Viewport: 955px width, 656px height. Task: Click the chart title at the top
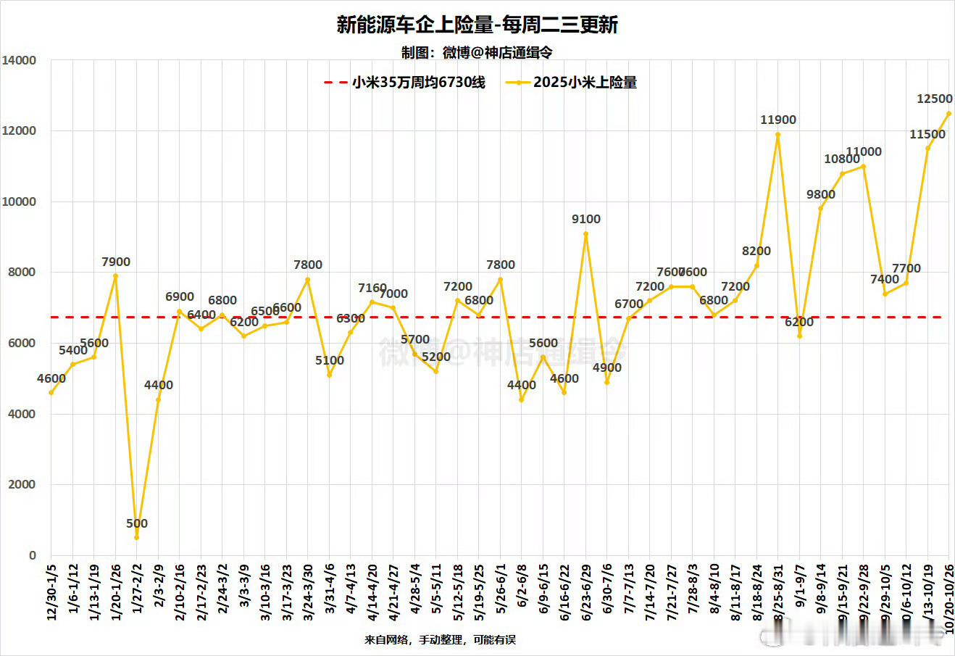477,25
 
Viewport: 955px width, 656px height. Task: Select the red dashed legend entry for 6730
405,83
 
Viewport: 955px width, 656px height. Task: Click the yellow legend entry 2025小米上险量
572,83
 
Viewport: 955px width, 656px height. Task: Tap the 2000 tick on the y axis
22,485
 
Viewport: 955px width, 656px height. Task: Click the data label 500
136,523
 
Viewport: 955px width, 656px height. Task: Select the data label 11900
778,120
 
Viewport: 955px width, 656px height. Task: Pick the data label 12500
934,99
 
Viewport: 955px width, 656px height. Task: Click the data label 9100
585,219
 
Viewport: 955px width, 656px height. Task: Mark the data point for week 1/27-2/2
136,538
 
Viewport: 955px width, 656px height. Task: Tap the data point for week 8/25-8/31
778,134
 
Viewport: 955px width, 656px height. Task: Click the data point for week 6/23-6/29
585,233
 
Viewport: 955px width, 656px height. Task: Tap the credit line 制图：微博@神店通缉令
477,53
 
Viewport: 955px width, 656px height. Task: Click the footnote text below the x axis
441,640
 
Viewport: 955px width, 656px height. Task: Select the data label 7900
115,262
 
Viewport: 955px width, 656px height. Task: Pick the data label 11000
864,152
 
